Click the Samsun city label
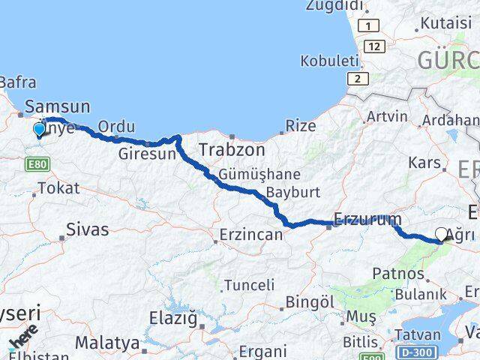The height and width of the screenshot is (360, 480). click(57, 107)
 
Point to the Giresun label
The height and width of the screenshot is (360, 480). click(147, 154)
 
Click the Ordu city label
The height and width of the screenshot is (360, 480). click(116, 127)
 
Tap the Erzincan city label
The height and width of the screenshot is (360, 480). click(250, 235)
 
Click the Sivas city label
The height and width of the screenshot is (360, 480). click(87, 229)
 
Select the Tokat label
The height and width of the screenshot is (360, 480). click(58, 188)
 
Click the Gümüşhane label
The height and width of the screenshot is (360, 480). click(259, 174)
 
